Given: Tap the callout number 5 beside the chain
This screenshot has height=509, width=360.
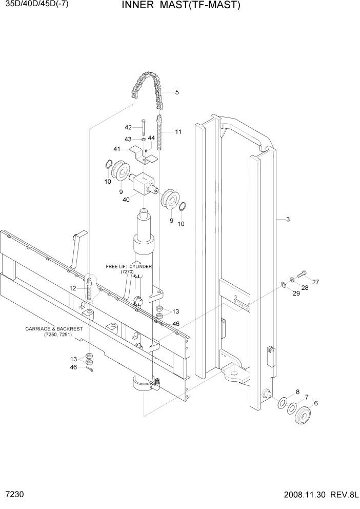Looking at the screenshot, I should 177,92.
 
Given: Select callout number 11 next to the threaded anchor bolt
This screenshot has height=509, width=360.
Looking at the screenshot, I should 178,132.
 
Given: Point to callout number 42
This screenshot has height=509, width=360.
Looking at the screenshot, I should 128,127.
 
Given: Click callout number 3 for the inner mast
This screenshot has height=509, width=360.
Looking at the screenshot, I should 288,219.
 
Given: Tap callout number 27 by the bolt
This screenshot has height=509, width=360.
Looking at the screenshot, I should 315,282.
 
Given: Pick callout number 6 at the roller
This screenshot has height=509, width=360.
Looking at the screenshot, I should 316,403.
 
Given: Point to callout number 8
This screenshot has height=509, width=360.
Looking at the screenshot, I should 297,391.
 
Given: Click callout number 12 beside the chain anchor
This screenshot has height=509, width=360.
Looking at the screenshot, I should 73,288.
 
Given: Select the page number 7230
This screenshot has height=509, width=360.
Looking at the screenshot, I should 12,497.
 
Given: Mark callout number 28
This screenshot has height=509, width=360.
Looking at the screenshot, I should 306,288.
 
